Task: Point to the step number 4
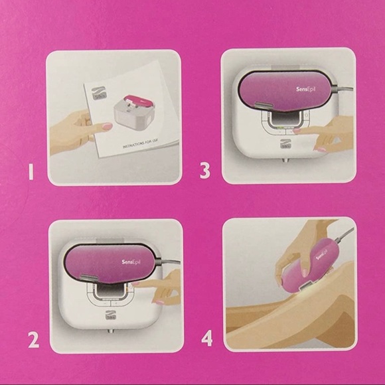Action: tap(207, 339)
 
